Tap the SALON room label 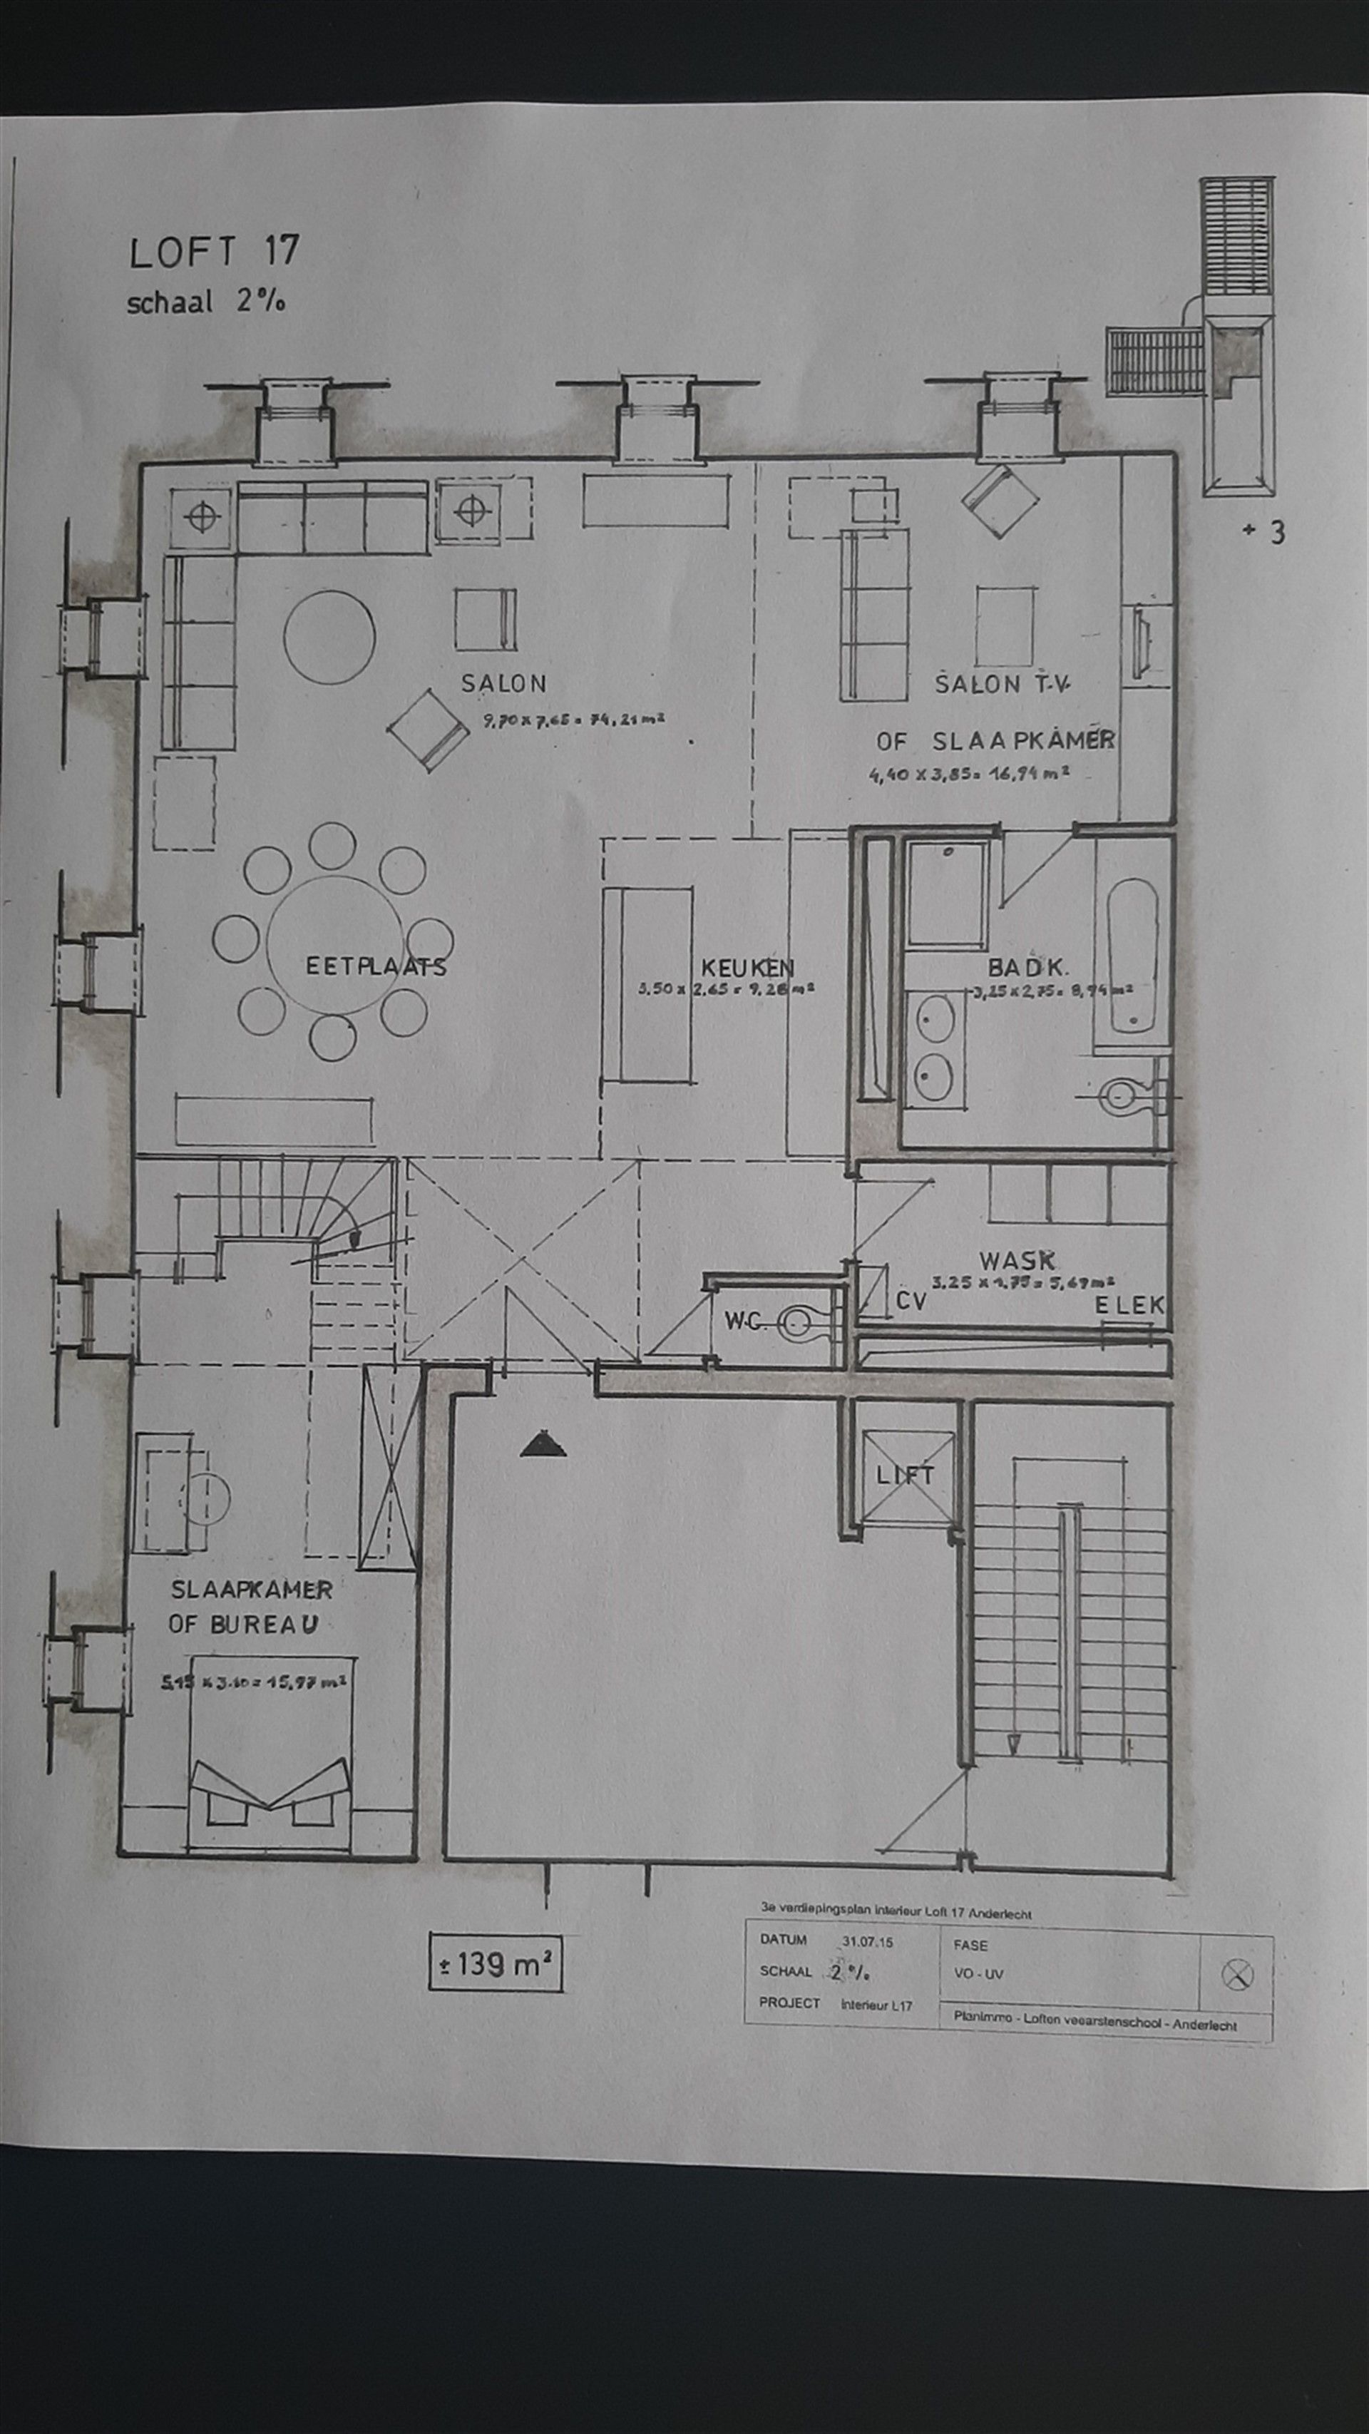click(503, 683)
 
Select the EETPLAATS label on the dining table click(375, 966)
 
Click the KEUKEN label click(747, 968)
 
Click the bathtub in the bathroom click(1131, 956)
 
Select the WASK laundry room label click(1017, 1260)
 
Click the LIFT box click(904, 1476)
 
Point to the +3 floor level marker click(1264, 533)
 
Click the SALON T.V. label click(1003, 683)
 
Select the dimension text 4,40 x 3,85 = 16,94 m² click(970, 774)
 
